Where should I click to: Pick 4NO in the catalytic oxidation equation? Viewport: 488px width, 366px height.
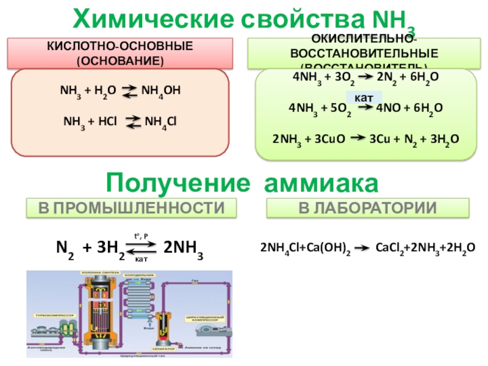click(x=387, y=109)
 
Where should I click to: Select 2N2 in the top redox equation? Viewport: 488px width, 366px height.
click(x=384, y=77)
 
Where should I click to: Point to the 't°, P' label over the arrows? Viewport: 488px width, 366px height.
click(x=142, y=235)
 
